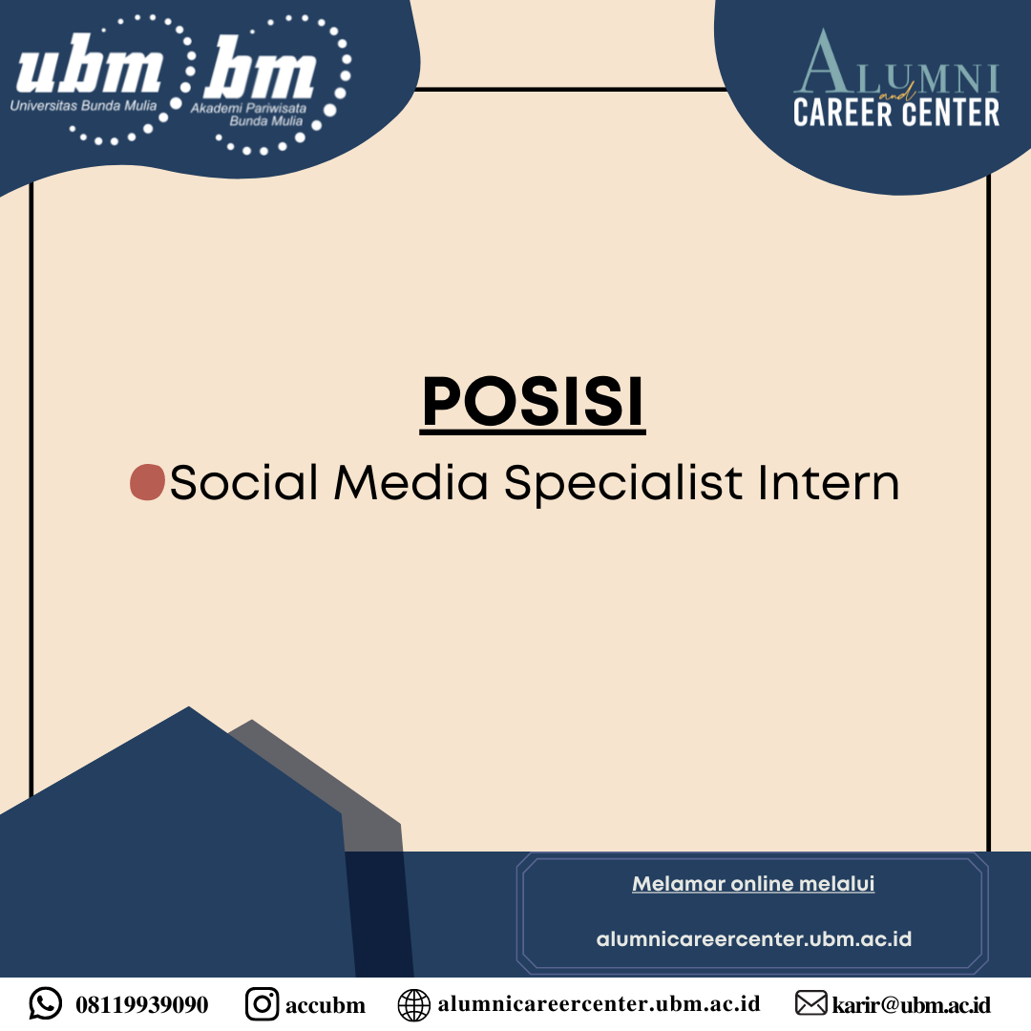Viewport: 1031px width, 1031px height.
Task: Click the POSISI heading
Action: point(533,402)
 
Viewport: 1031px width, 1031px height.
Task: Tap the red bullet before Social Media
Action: point(147,482)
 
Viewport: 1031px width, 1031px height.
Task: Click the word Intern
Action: point(829,482)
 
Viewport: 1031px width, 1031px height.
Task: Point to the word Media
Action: point(410,482)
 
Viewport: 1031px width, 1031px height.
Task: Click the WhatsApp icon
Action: point(46,1003)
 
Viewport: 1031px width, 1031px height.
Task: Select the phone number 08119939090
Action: point(142,1004)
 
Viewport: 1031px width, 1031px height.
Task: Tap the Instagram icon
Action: point(262,1004)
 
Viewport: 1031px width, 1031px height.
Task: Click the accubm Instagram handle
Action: point(326,1005)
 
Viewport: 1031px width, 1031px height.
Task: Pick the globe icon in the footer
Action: point(414,1005)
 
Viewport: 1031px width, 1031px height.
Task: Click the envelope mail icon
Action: point(810,1003)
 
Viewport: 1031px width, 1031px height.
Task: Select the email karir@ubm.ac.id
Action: point(912,1004)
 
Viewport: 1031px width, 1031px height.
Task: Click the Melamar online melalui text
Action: point(753,883)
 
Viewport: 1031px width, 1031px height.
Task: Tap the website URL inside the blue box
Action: point(753,939)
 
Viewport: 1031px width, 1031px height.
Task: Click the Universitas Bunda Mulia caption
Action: point(83,105)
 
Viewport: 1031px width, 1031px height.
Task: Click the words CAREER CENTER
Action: point(896,113)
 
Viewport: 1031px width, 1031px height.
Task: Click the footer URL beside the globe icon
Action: point(599,1004)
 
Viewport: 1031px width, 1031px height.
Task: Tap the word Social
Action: point(244,482)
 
